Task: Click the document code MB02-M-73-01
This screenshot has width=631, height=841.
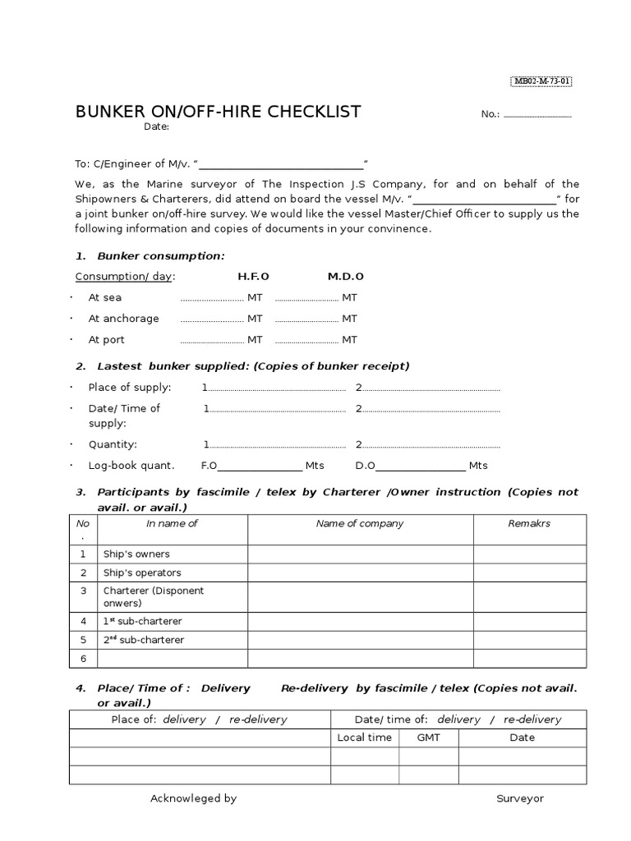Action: (541, 80)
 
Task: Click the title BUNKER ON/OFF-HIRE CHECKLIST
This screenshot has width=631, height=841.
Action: (218, 112)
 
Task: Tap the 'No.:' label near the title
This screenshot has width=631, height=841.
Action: (491, 114)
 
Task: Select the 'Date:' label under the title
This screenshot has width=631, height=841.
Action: (156, 126)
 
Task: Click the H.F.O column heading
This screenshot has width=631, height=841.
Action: (253, 277)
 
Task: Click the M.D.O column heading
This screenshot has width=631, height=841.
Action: (345, 277)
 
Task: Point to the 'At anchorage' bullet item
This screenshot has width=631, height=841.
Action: (123, 319)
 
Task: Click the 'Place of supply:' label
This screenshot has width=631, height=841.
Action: (130, 388)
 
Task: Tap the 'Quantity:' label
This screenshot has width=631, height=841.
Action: (113, 445)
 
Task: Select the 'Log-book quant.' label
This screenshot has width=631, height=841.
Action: (131, 466)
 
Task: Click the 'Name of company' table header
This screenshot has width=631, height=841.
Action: (360, 524)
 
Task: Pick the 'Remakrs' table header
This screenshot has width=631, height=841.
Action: (529, 524)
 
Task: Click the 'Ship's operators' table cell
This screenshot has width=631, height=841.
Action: (142, 573)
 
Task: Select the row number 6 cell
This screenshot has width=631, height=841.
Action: (83, 659)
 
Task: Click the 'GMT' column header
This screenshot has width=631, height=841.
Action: (428, 738)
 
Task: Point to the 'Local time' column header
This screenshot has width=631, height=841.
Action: (364, 738)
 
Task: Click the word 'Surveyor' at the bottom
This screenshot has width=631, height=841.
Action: (519, 798)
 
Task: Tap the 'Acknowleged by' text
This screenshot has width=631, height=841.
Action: (193, 798)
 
